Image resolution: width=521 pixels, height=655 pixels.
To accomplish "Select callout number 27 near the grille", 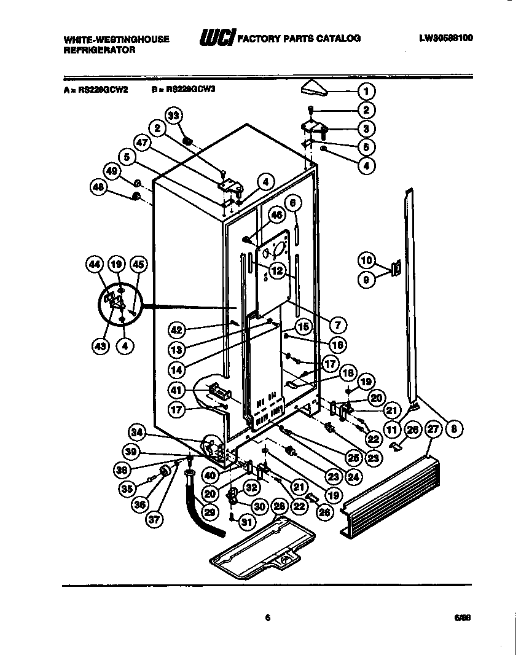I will [x=434, y=429].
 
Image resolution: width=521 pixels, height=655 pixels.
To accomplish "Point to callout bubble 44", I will [x=94, y=265].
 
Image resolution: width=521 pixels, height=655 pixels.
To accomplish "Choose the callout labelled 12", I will [x=277, y=269].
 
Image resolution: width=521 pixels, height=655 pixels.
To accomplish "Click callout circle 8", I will [x=453, y=429].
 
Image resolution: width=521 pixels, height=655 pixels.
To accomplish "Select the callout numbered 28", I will [x=279, y=506].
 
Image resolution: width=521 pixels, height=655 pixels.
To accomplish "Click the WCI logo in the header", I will [x=216, y=39].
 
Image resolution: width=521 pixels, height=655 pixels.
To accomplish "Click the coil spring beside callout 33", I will [x=190, y=143].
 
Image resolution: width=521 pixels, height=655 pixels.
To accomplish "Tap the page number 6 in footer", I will [x=268, y=618].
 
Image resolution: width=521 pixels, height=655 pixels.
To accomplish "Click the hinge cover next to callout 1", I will [x=316, y=90].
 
